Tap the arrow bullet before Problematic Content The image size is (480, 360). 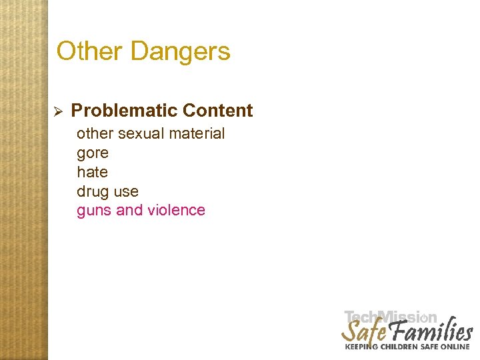pos(58,111)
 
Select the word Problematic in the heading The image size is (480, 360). pos(124,111)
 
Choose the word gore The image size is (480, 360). pos(93,153)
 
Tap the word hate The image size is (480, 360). pos(92,172)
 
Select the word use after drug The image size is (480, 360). pos(126,192)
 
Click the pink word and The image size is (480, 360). pos(129,211)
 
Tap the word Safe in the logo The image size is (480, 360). pos(363,331)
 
